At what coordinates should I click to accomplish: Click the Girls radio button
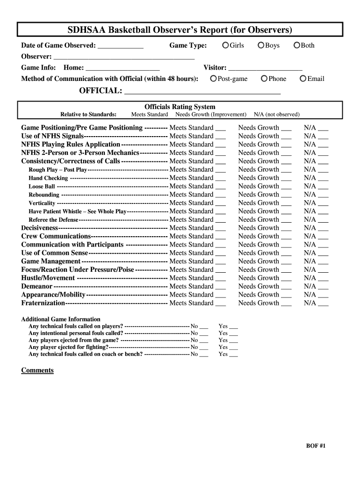[x=226, y=45]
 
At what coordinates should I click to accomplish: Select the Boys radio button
[x=261, y=45]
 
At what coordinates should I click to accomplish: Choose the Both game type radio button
[x=296, y=45]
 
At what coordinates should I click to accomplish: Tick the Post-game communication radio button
[x=214, y=79]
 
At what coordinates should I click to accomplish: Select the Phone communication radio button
[x=265, y=79]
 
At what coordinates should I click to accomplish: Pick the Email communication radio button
[x=303, y=79]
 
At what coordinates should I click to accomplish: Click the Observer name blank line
[x=124, y=58]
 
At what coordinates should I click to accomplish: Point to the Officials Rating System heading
[x=180, y=107]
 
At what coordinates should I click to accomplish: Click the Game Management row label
[x=51, y=261]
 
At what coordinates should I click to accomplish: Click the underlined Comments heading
[x=37, y=370]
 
